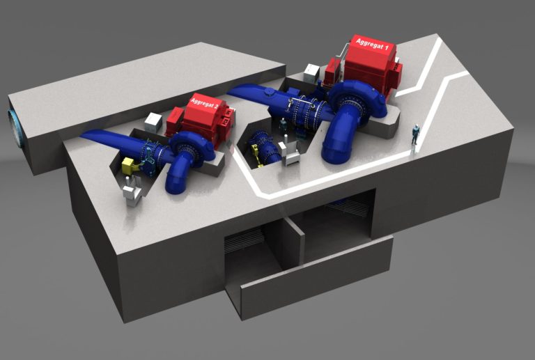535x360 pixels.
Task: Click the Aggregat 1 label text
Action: click(372, 45)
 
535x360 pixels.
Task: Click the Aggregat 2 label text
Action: click(204, 103)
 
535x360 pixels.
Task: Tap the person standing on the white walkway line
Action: click(414, 134)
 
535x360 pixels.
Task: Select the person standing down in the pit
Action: click(283, 126)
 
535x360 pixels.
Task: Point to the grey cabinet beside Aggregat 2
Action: click(153, 122)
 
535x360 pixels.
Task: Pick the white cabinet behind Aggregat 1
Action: click(312, 72)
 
